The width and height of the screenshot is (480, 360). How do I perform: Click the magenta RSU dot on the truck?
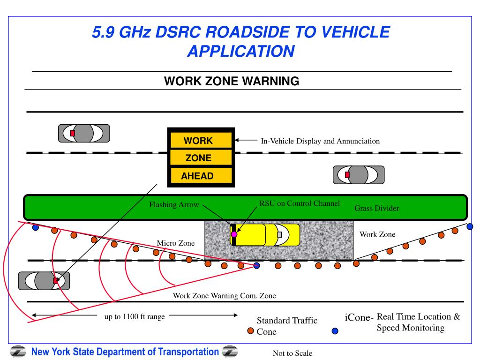tap(234, 234)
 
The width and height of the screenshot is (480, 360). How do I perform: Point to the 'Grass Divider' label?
tap(376, 208)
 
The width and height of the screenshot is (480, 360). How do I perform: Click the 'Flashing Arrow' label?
tap(174, 205)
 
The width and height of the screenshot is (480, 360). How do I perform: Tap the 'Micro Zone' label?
tap(175, 243)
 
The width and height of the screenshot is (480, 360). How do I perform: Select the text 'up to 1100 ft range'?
tap(135, 316)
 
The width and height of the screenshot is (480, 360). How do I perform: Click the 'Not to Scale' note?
tap(292, 353)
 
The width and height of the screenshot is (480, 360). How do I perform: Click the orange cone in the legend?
tap(250, 330)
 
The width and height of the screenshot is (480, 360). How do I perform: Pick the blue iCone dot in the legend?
tap(335, 330)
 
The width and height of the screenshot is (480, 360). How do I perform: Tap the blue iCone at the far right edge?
tap(470, 226)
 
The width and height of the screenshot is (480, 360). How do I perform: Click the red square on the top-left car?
tap(72, 133)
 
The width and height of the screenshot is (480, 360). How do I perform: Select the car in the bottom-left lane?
tap(44, 280)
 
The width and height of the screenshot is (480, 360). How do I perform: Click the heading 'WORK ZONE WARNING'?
tap(231, 81)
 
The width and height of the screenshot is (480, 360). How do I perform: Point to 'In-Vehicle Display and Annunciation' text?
tap(320, 141)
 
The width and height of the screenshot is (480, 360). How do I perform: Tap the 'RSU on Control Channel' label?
tap(300, 203)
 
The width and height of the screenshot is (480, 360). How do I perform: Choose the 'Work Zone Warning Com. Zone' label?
tap(225, 296)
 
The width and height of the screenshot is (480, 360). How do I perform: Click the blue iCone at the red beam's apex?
tap(256, 265)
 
